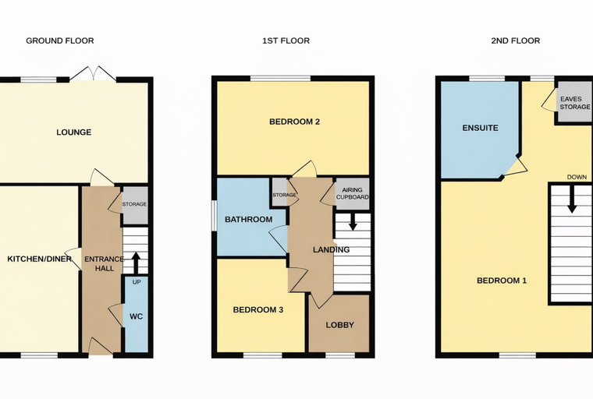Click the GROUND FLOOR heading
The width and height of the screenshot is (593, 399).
click(x=60, y=41)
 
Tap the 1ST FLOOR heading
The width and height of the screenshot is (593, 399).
click(x=286, y=41)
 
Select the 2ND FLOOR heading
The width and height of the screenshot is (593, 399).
click(x=516, y=41)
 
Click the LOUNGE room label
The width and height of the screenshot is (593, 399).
click(x=74, y=132)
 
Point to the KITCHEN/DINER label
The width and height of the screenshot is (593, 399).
click(x=40, y=259)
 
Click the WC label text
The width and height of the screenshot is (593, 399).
click(x=136, y=316)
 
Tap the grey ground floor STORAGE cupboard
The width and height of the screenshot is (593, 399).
click(x=135, y=205)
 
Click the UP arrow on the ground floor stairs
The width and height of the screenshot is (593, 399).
click(x=136, y=263)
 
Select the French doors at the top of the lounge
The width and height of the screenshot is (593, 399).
click(x=93, y=73)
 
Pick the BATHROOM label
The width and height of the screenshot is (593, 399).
click(x=248, y=220)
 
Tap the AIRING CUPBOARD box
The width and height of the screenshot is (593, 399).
click(x=353, y=194)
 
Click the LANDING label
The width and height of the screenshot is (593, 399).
click(x=332, y=249)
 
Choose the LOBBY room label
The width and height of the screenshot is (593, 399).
click(x=340, y=325)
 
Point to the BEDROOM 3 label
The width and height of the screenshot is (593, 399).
click(x=258, y=310)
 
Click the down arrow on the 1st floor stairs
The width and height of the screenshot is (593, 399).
click(x=353, y=222)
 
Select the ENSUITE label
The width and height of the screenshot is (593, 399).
click(x=481, y=128)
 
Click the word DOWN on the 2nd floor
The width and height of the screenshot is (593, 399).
click(x=577, y=177)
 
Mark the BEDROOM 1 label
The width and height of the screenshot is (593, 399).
click(x=502, y=281)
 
